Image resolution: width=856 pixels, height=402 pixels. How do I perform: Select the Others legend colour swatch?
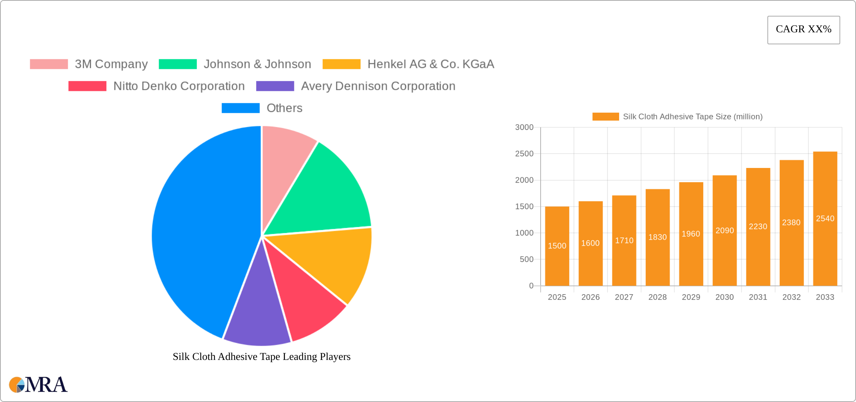(x=241, y=108)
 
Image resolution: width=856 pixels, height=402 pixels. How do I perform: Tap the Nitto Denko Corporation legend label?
(x=179, y=86)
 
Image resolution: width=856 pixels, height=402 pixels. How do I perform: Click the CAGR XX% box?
(x=803, y=30)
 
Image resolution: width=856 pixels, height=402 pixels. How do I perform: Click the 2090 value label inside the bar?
(x=725, y=230)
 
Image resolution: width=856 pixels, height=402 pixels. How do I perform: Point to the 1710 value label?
(x=624, y=240)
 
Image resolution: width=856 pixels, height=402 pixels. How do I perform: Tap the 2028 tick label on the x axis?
(x=657, y=297)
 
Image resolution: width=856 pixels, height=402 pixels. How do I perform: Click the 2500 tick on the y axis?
(x=524, y=154)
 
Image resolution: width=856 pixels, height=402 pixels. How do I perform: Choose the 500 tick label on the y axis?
(x=526, y=259)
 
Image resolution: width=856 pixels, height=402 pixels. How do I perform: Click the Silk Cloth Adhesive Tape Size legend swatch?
(x=606, y=116)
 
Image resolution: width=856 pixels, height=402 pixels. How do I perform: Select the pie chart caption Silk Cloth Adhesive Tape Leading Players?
(x=261, y=357)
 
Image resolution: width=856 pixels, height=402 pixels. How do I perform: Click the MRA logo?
(x=38, y=385)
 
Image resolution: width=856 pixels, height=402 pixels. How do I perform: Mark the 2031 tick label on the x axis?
(x=758, y=297)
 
